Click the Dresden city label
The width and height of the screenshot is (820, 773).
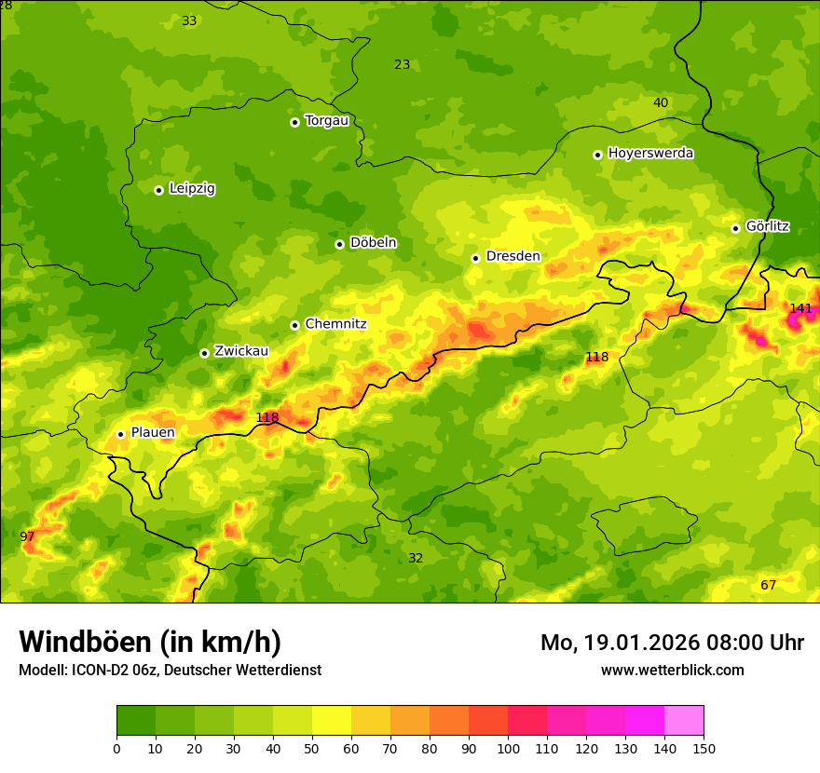tap(512, 256)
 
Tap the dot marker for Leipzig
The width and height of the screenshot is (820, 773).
tap(158, 190)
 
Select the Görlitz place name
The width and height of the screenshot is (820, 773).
tap(767, 226)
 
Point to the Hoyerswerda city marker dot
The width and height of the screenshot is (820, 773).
tap(597, 155)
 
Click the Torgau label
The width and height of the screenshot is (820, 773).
tap(326, 120)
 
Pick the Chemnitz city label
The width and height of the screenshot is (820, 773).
tap(335, 324)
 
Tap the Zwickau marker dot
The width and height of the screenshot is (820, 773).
tap(204, 353)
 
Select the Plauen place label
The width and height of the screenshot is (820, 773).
tap(152, 432)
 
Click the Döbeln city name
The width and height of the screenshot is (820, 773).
tap(373, 243)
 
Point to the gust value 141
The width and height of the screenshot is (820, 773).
tap(800, 308)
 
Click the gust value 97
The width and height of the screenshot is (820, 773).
tap(27, 536)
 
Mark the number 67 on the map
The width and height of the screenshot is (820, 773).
tap(768, 585)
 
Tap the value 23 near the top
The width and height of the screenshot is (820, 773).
tap(402, 64)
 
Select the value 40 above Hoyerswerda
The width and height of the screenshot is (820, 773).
tap(660, 102)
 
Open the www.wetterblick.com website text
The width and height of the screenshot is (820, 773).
tap(672, 670)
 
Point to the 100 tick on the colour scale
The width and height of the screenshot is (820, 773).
tap(508, 748)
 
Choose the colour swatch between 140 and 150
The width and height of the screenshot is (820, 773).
tap(684, 720)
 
